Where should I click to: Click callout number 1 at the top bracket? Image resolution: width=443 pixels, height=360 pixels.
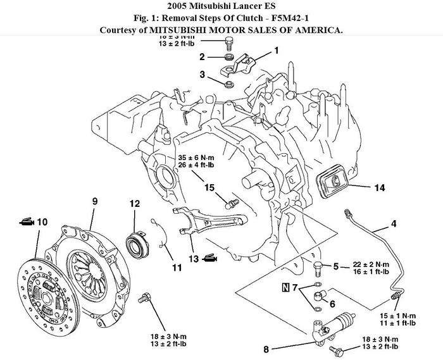tap(276, 50)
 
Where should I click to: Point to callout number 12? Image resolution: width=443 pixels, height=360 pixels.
tap(134, 204)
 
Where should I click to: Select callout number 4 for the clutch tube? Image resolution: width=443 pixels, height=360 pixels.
tap(394, 223)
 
